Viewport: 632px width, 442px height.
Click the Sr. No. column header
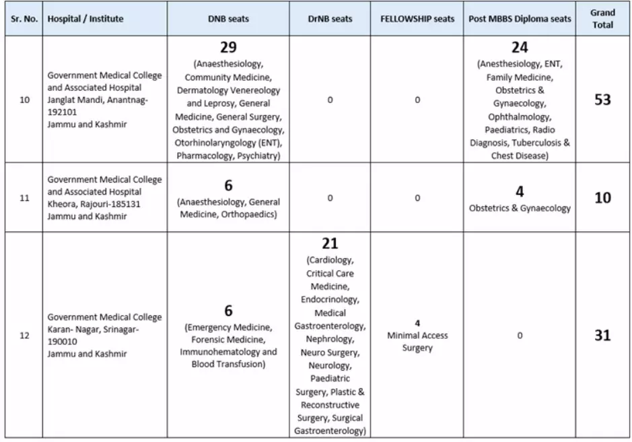click(23, 19)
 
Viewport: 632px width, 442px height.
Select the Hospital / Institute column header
click(85, 19)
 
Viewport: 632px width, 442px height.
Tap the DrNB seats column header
click(330, 19)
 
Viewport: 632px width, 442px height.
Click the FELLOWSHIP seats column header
click(417, 19)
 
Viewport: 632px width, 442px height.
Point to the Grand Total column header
click(602, 19)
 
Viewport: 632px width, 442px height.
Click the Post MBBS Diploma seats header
click(520, 19)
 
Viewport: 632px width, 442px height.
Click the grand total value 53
click(602, 100)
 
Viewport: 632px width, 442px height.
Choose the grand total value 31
click(602, 335)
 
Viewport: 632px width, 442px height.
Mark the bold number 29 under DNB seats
click(227, 48)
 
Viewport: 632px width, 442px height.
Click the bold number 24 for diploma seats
click(520, 48)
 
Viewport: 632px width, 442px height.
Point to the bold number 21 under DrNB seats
click(330, 244)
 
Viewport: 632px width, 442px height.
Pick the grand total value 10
click(602, 199)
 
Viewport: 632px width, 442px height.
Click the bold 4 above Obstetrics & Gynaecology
click(520, 191)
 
